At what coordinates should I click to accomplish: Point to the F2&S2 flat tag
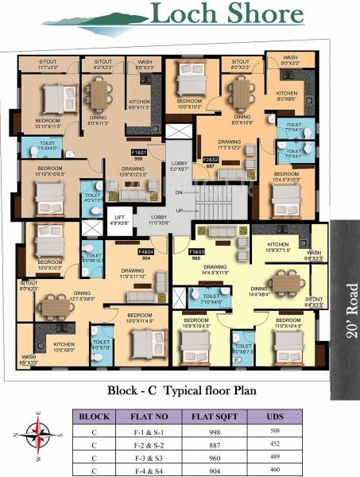[211, 160]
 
